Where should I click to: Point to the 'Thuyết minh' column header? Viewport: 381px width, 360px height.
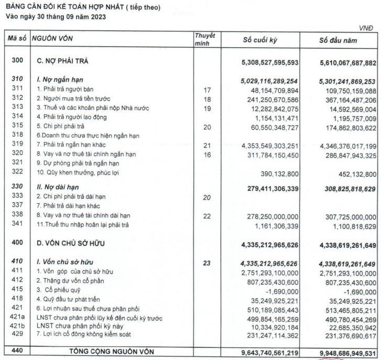pos(205,39)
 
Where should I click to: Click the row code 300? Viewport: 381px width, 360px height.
pos(17,62)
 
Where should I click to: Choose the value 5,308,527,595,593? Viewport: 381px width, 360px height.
pos(269,62)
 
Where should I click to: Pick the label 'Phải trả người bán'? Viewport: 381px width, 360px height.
pos(66,90)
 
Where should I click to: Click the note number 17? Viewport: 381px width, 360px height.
pos(206,90)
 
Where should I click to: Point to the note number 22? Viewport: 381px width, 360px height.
pos(206,215)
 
